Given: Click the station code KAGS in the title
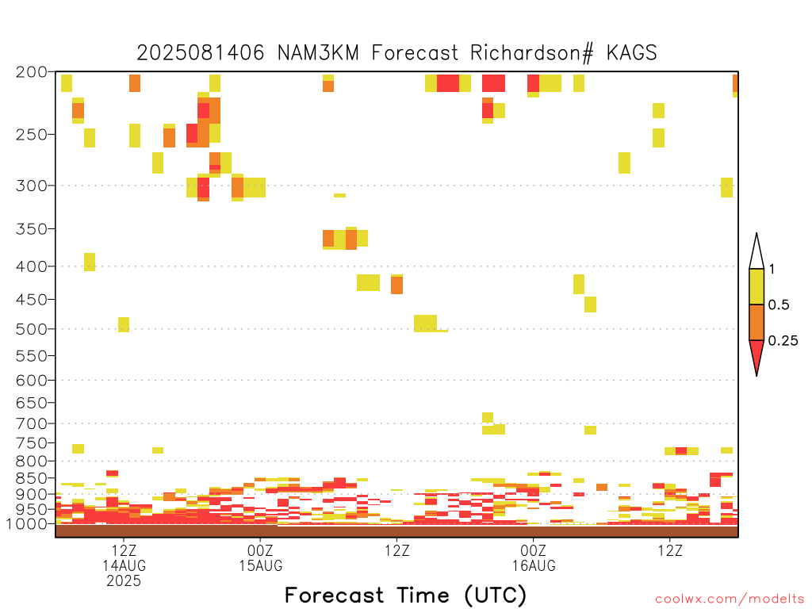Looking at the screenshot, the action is click(631, 53).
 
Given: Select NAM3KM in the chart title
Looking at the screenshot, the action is click(318, 53).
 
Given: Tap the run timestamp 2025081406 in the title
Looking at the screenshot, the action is click(201, 53).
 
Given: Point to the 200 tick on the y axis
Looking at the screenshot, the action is click(31, 72).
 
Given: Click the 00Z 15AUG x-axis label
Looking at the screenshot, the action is click(260, 557).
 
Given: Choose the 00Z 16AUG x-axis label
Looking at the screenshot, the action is click(534, 557).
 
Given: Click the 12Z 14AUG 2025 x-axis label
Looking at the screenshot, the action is click(124, 565).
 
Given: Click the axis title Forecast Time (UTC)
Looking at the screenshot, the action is click(405, 595).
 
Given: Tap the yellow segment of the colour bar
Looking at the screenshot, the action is click(756, 286).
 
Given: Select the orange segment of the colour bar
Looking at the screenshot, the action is click(756, 322).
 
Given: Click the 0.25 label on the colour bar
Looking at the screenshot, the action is click(783, 341).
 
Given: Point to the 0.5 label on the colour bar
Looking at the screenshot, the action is click(779, 305).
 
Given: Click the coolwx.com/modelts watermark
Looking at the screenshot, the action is click(730, 599).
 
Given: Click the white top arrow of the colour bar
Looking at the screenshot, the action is click(756, 251).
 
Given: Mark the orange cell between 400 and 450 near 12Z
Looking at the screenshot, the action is click(396, 285).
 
